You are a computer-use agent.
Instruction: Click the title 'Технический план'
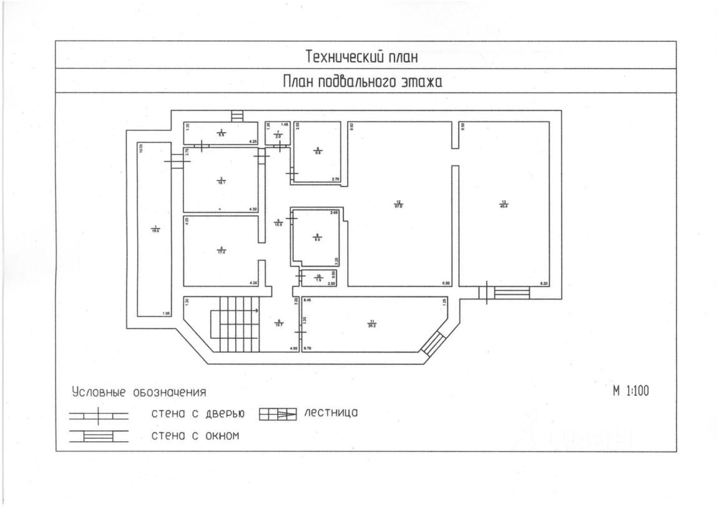click(361, 57)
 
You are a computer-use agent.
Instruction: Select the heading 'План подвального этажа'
click(363, 82)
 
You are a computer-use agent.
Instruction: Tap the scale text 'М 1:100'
click(631, 391)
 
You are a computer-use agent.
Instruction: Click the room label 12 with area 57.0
click(398, 203)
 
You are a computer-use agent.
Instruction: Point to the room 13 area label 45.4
click(504, 203)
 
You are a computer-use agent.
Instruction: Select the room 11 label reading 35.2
click(372, 324)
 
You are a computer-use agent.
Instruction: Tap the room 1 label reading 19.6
click(155, 229)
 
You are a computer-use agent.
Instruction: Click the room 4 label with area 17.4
click(220, 251)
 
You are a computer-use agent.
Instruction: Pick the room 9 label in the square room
click(317, 237)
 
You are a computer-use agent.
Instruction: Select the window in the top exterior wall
click(237, 117)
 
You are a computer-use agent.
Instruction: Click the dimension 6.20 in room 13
click(543, 283)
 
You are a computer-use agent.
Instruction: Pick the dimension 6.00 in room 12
click(446, 283)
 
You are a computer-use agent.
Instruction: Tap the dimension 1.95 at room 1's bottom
click(166, 313)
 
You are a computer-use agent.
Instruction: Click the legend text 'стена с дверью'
click(197, 414)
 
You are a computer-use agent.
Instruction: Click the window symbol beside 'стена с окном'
click(98, 436)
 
